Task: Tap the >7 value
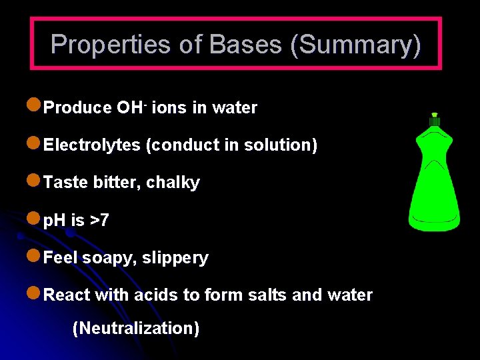pyautogui.click(x=97, y=220)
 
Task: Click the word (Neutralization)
pyautogui.click(x=135, y=328)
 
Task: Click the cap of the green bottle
pyautogui.click(x=435, y=120)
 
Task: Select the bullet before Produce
pyautogui.click(x=34, y=106)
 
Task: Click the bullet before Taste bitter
pyautogui.click(x=34, y=181)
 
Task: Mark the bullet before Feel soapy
pyautogui.click(x=34, y=256)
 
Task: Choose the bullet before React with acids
pyautogui.click(x=34, y=293)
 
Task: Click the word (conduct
pyautogui.click(x=174, y=145)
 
